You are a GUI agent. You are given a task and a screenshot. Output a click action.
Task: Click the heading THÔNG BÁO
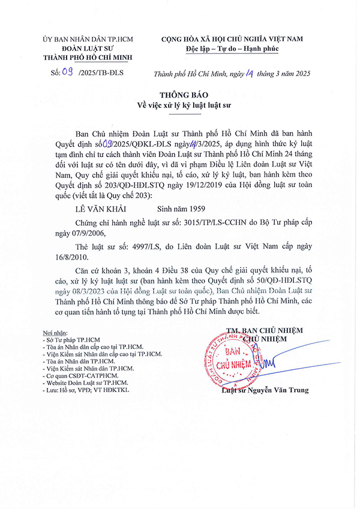(180, 95)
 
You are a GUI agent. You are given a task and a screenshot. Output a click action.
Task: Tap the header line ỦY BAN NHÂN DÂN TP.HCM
(88, 39)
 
